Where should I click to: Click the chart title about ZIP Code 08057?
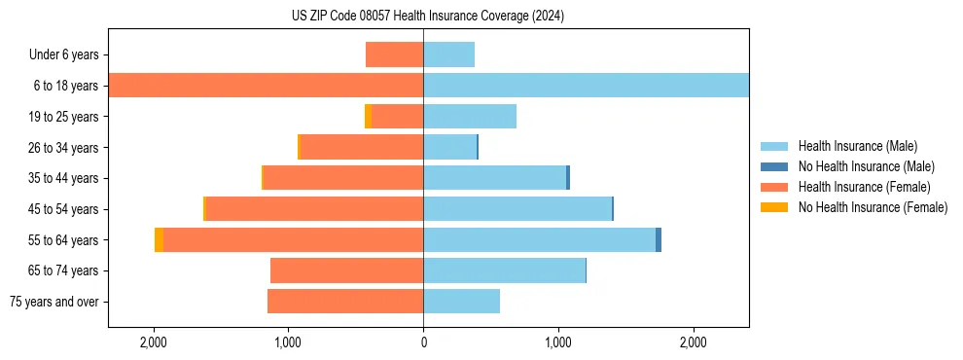pos(428,17)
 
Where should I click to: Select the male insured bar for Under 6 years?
pos(448,54)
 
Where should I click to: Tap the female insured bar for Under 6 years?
pos(394,54)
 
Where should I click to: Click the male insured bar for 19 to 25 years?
pos(469,117)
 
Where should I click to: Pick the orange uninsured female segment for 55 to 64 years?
pos(159,240)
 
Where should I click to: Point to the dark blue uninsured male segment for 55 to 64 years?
pos(659,240)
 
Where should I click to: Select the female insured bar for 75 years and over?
pos(344,302)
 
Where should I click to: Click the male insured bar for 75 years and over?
pos(461,302)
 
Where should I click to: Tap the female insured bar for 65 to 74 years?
pos(346,270)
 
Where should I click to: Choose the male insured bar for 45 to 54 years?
pos(517,209)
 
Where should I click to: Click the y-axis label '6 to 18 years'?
pos(64,86)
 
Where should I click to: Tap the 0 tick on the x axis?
pos(423,342)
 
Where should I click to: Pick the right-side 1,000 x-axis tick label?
pos(558,342)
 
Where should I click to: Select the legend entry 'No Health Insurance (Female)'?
pos(873,207)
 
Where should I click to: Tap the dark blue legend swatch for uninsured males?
pos(774,166)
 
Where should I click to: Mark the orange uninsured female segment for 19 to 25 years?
pos(368,117)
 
